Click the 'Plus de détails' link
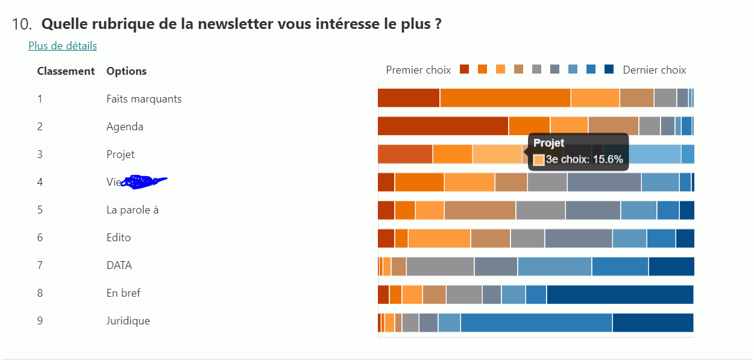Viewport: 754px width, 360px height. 63,46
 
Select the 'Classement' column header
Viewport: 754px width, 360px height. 66,71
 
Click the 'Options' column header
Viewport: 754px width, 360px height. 127,71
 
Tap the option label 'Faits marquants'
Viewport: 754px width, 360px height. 144,99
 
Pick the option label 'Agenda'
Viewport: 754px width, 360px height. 125,127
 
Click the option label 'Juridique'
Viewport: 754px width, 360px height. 128,321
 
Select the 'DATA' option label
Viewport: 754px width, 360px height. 119,265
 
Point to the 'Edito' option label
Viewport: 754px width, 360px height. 119,238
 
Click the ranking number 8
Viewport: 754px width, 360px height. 40,293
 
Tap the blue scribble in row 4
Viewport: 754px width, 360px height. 143,181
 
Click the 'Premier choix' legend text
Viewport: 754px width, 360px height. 418,70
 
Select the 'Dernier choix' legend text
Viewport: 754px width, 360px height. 654,70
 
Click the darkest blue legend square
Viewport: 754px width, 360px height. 609,69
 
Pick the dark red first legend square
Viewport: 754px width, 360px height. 464,69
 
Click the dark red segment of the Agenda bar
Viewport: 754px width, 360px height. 443,126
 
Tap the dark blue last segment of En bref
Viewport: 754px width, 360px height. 620,294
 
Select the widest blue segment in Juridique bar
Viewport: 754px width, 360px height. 536,322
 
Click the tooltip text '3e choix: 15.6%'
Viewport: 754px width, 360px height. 584,160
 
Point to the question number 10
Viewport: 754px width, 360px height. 21,25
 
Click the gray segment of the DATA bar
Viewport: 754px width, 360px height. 440,267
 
